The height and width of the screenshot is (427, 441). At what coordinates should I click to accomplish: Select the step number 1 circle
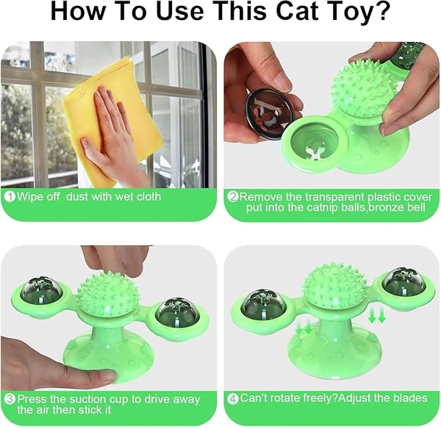[x=10, y=197]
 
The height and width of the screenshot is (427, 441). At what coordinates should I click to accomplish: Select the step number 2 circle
[x=232, y=197]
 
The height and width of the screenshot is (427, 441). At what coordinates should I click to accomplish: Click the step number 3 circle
[x=10, y=400]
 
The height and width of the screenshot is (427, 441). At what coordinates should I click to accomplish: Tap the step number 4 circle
[x=232, y=398]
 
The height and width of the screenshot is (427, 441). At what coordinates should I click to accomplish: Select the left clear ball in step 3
[x=42, y=290]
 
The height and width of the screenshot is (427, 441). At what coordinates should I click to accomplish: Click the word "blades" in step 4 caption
[x=409, y=398]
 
